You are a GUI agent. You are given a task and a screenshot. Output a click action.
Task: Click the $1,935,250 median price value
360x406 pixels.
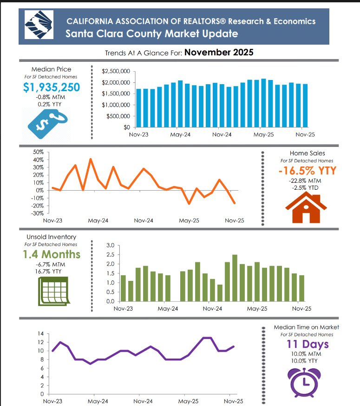click(x=52, y=87)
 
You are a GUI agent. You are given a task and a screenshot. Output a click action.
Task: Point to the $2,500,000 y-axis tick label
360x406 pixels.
click(x=116, y=71)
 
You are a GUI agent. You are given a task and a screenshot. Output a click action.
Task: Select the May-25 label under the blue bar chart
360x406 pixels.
click(x=263, y=135)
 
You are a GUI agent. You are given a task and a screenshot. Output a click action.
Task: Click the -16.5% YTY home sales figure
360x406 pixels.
click(x=307, y=171)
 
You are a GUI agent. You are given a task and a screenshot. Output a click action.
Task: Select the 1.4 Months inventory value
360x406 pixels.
click(x=52, y=254)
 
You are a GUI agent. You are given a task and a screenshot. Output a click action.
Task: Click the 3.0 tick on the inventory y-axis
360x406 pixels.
click(x=110, y=245)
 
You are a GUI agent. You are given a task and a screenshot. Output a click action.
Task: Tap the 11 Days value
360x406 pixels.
click(x=307, y=345)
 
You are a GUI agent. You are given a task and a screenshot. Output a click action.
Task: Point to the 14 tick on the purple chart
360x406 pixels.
click(x=40, y=334)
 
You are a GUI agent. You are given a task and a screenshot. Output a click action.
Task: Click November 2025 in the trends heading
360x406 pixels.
click(x=219, y=53)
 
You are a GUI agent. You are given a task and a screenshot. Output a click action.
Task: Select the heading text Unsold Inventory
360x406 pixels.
click(x=52, y=237)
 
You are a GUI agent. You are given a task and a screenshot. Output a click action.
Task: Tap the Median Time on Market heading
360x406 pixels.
click(x=307, y=327)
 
